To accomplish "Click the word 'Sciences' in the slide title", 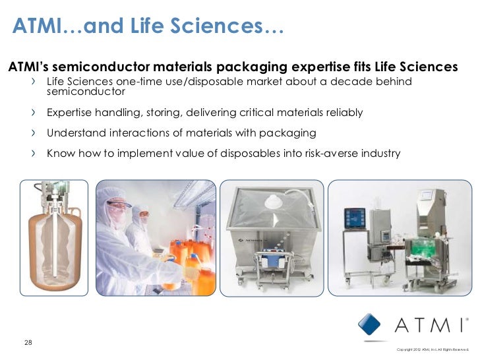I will pyautogui.click(x=226, y=26).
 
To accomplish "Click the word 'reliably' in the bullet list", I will pyautogui.click(x=342, y=113).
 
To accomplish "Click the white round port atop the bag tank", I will pyautogui.click(x=272, y=202).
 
